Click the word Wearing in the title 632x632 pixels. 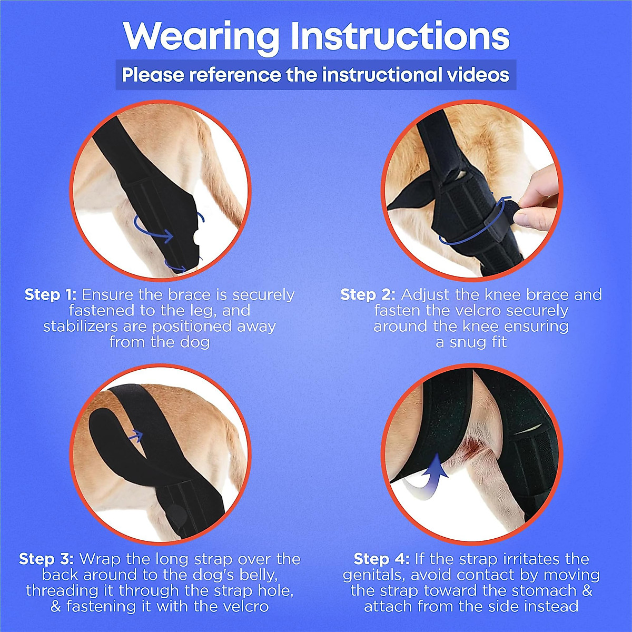point(202,37)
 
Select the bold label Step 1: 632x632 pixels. point(51,294)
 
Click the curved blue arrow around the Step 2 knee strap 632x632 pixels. point(474,232)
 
